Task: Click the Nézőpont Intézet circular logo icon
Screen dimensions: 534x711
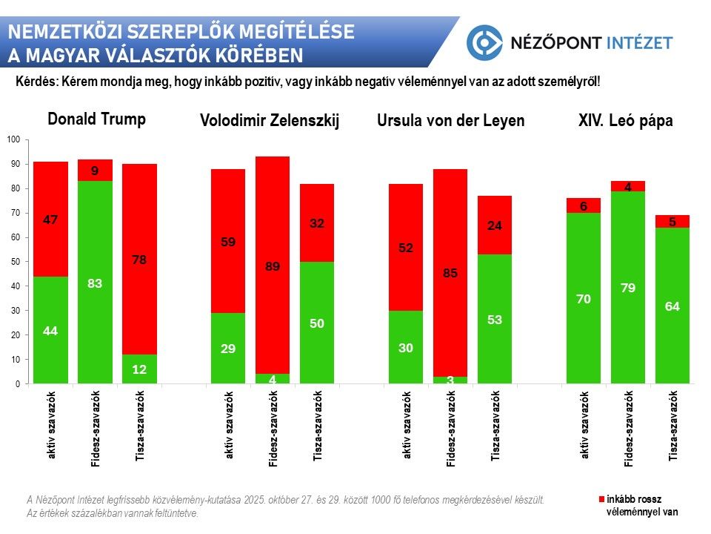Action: pos(484,42)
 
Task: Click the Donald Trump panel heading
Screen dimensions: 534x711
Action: pos(96,119)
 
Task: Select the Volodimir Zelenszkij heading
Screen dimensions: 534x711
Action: pos(270,122)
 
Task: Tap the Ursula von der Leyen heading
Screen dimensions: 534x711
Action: pos(450,121)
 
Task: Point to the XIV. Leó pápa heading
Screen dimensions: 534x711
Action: pos(625,121)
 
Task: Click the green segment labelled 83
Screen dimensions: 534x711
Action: pos(95,282)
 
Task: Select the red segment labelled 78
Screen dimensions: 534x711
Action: pos(139,260)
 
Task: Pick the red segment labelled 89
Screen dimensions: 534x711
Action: pos(273,266)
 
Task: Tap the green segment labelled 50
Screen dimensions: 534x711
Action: pos(317,323)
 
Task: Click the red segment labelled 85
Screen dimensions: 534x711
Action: pos(450,273)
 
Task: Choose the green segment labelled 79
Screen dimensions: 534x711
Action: pos(628,288)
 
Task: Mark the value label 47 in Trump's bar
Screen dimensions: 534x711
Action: pos(50,220)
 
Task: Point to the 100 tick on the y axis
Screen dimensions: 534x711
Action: pos(14,139)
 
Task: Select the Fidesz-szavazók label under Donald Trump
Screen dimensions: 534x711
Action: pos(96,428)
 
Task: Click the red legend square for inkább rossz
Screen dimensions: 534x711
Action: pos(601,500)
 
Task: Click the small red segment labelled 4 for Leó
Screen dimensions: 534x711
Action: pos(628,186)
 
